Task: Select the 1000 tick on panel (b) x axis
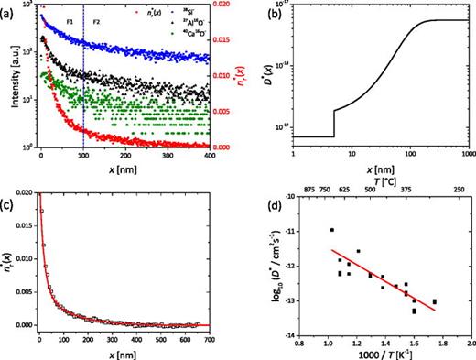tap(467, 156)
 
